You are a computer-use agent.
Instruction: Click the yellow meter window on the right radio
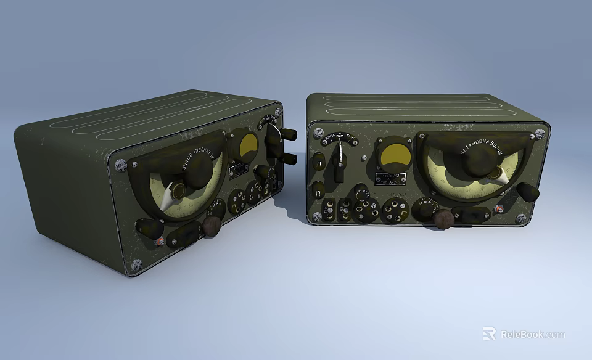(393, 153)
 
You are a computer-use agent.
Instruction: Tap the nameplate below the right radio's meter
(393, 179)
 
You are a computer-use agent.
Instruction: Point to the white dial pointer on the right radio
(499, 176)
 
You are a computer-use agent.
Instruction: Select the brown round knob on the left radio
(211, 226)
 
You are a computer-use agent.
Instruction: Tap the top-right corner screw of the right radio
(541, 131)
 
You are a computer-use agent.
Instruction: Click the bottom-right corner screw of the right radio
(522, 218)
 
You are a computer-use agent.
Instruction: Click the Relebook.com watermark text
(532, 334)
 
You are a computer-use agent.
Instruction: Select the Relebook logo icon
(489, 333)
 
